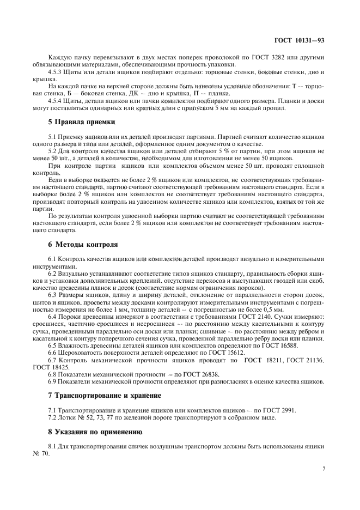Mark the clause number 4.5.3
(x=56, y=72)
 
